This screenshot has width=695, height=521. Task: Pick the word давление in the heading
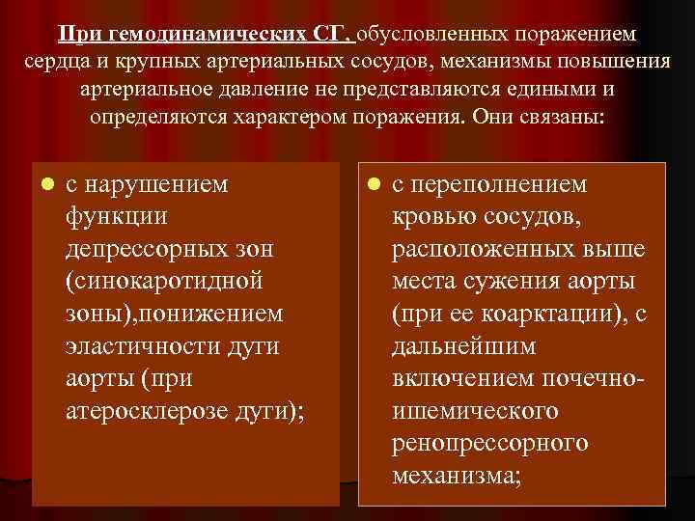[312, 93]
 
